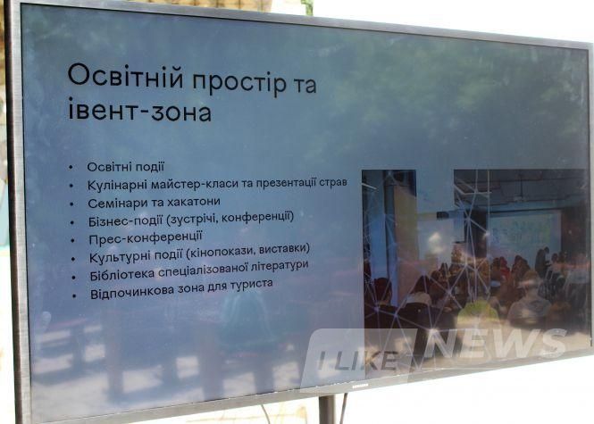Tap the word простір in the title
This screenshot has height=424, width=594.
pyautogui.click(x=239, y=82)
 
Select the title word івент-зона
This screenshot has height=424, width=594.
pyautogui.click(x=139, y=109)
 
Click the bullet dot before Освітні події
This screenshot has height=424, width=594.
pyautogui.click(x=71, y=167)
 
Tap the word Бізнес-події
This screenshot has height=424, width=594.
pyautogui.click(x=125, y=220)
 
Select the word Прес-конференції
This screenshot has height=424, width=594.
pyautogui.click(x=146, y=238)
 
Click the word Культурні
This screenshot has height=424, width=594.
pyautogui.click(x=118, y=257)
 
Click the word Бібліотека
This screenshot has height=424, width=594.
pyautogui.click(x=122, y=275)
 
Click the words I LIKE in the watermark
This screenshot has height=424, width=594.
pyautogui.click(x=358, y=361)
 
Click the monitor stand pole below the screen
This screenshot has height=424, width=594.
pyautogui.click(x=327, y=410)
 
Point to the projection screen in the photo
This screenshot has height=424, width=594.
pyautogui.click(x=524, y=229)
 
